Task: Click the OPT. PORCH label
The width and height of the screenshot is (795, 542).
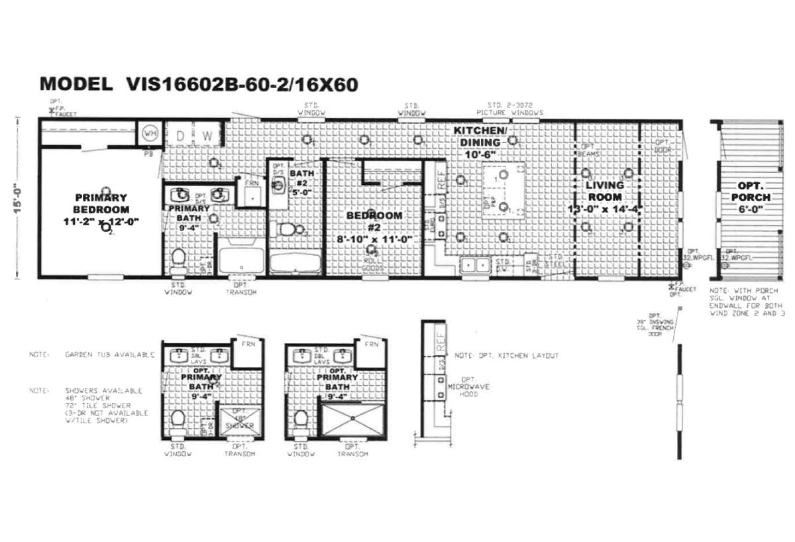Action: (x=751, y=197)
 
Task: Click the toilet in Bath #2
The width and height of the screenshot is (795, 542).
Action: (x=288, y=230)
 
